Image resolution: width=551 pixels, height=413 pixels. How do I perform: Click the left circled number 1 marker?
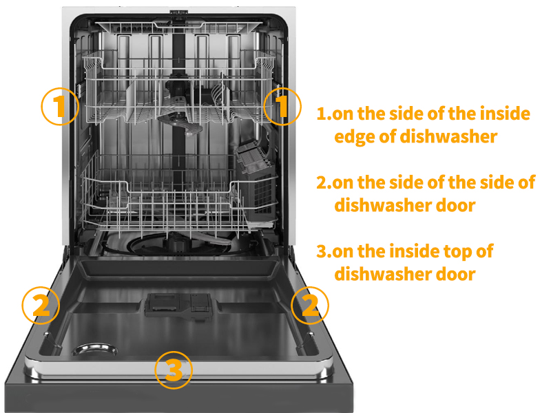(60, 106)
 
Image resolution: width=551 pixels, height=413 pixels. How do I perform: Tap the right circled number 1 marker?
(282, 106)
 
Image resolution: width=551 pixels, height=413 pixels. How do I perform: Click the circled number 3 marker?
(173, 370)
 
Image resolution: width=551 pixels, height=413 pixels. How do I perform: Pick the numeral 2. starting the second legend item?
(324, 182)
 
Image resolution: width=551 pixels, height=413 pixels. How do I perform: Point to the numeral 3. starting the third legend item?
(324, 251)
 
